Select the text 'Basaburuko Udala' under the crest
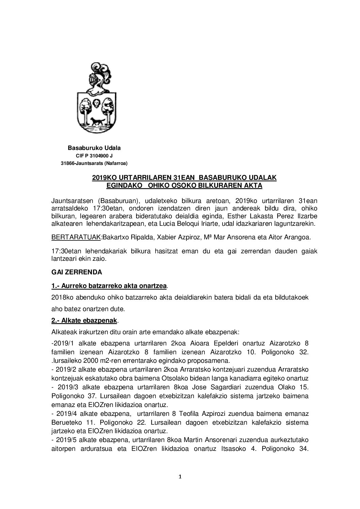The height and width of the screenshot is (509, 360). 94,148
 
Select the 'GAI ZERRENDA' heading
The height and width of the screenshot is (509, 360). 72,272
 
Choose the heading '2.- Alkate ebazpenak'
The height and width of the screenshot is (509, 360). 85,320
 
